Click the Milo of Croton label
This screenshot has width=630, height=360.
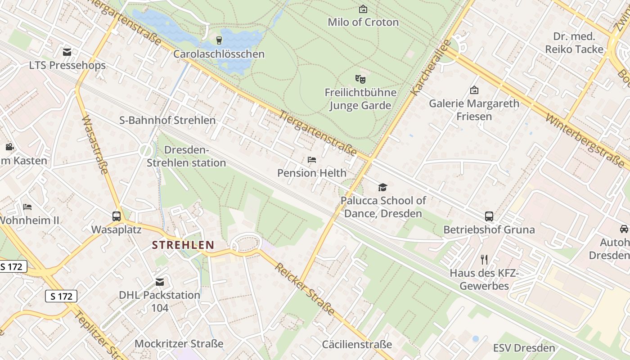click(363, 22)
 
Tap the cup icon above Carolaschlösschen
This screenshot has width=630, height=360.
click(219, 40)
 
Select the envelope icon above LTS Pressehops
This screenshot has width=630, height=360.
click(67, 52)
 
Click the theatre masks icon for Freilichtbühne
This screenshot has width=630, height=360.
click(360, 79)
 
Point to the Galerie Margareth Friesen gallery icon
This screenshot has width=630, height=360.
click(474, 90)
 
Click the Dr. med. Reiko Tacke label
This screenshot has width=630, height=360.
click(574, 43)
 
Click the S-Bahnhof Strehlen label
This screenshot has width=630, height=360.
click(167, 120)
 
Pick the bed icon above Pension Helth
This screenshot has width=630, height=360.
click(311, 160)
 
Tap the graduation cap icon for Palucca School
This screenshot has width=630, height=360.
click(382, 187)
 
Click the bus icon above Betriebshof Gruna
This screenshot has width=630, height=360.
click(489, 216)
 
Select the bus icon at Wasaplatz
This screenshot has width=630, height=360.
click(117, 216)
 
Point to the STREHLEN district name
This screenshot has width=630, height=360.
click(183, 245)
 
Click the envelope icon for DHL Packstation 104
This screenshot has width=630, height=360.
click(159, 282)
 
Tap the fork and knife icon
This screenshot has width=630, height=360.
click(484, 259)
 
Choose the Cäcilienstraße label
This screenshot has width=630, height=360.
click(357, 345)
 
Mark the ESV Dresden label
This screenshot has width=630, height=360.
click(524, 348)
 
